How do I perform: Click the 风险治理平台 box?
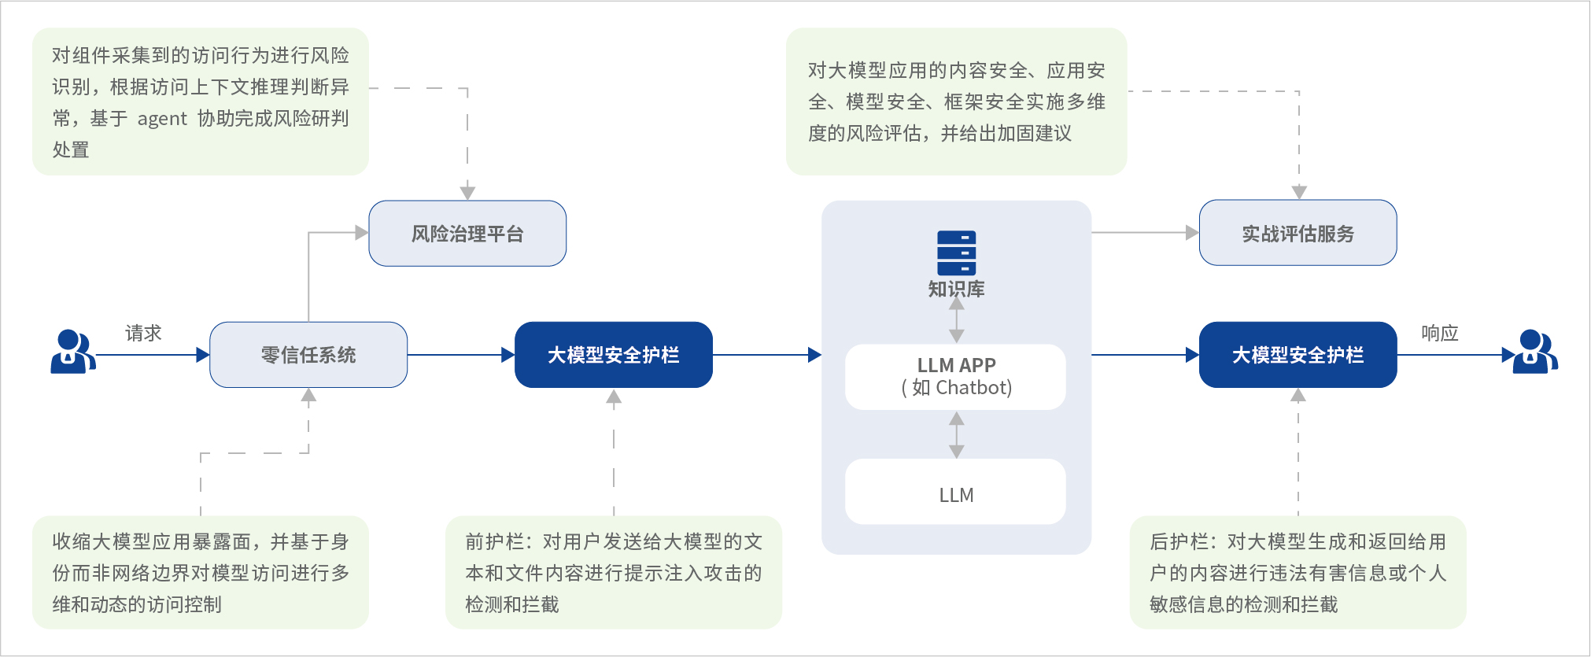[x=467, y=234]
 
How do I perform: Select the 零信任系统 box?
[x=308, y=355]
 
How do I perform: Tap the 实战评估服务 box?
[x=1298, y=234]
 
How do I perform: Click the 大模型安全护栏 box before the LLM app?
[x=613, y=355]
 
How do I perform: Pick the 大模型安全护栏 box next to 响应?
[x=1298, y=355]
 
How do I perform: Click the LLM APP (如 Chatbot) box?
[x=955, y=377]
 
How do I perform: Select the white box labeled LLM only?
[x=955, y=493]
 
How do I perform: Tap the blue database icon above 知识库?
[x=956, y=253]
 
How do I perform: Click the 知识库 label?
[x=956, y=289]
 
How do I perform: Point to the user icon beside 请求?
[x=72, y=352]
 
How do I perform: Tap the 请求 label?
[x=143, y=333]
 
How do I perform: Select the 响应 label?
[x=1439, y=333]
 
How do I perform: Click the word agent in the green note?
[x=162, y=119]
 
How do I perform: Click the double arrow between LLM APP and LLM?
[x=956, y=434]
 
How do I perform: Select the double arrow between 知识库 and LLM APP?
[x=956, y=320]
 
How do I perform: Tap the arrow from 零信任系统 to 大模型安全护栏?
[x=460, y=355]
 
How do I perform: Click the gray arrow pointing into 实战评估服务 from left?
[x=1145, y=233]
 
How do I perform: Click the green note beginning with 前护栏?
[x=613, y=572]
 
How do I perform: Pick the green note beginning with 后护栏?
[x=1298, y=572]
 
